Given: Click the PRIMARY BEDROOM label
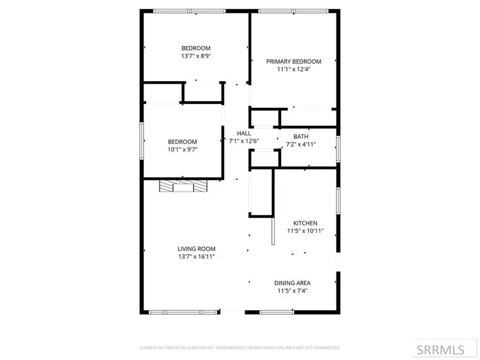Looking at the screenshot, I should [x=293, y=61].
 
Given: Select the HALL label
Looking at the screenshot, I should [x=244, y=133].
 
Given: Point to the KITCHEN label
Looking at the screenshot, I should [x=305, y=223].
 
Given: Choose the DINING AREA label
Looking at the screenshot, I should [x=292, y=283].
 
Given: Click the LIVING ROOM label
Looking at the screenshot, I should [x=196, y=249].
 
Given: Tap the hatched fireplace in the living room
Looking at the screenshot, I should [x=183, y=186].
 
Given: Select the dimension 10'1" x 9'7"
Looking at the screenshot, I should [x=182, y=149].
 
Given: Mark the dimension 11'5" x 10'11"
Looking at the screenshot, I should [x=305, y=231].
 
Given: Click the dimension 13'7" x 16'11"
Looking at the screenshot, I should [x=196, y=257].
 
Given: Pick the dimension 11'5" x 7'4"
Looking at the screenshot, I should [x=292, y=291].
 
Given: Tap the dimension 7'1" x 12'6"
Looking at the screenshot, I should [x=244, y=141].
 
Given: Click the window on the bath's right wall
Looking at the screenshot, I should [x=338, y=148].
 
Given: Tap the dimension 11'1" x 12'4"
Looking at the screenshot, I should [x=293, y=69].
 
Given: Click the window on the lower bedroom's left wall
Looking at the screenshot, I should [x=142, y=141].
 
